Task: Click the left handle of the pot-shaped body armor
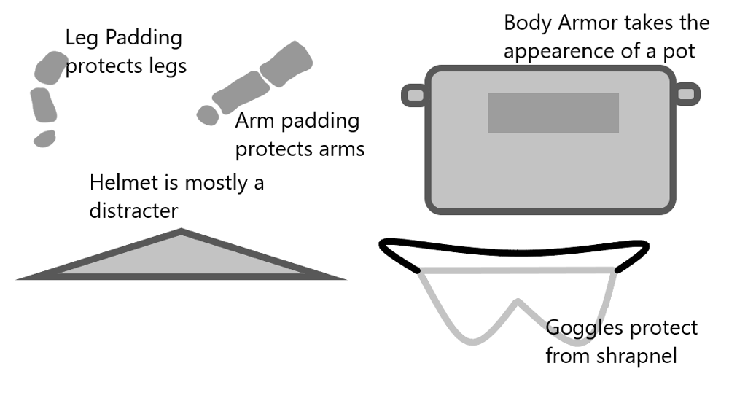pyautogui.click(x=414, y=94)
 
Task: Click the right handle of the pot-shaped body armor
pyautogui.click(x=686, y=93)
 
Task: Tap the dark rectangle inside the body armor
pyautogui.click(x=553, y=113)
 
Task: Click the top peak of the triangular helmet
pyautogui.click(x=181, y=233)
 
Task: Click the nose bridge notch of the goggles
pyautogui.click(x=518, y=302)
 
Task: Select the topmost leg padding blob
pyautogui.click(x=50, y=67)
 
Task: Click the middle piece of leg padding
pyautogui.click(x=43, y=106)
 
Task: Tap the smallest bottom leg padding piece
pyautogui.click(x=44, y=138)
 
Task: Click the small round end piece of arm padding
pyautogui.click(x=208, y=114)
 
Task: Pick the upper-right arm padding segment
pyautogui.click(x=286, y=64)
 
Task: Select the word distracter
pyautogui.click(x=133, y=211)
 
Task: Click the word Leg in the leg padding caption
pyautogui.click(x=81, y=38)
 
